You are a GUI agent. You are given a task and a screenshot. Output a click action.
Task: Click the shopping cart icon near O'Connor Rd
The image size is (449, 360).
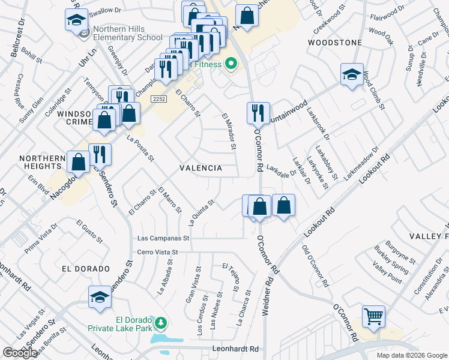(373, 316)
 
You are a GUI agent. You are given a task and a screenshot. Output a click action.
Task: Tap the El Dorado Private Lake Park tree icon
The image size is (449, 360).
(160, 324)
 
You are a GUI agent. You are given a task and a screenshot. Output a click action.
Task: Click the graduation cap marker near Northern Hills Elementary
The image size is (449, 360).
(77, 20)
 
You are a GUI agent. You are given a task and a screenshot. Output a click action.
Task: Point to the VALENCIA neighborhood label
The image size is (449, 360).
(200, 169)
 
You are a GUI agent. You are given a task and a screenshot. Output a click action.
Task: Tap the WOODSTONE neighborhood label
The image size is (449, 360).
(335, 43)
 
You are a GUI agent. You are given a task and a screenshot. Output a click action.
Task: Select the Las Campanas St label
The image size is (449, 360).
(163, 238)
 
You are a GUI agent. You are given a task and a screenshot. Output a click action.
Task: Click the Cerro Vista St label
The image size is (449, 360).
(158, 253)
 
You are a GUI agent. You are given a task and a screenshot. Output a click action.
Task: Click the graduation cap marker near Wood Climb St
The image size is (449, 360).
(352, 74)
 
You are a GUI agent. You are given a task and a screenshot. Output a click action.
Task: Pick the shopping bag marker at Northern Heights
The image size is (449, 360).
(79, 161)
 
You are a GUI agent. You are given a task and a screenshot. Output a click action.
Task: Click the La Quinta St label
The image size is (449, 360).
(202, 213)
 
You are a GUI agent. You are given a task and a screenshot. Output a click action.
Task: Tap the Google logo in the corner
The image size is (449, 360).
(20, 353)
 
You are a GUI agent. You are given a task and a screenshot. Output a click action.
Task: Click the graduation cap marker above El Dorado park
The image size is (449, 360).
(100, 296)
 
